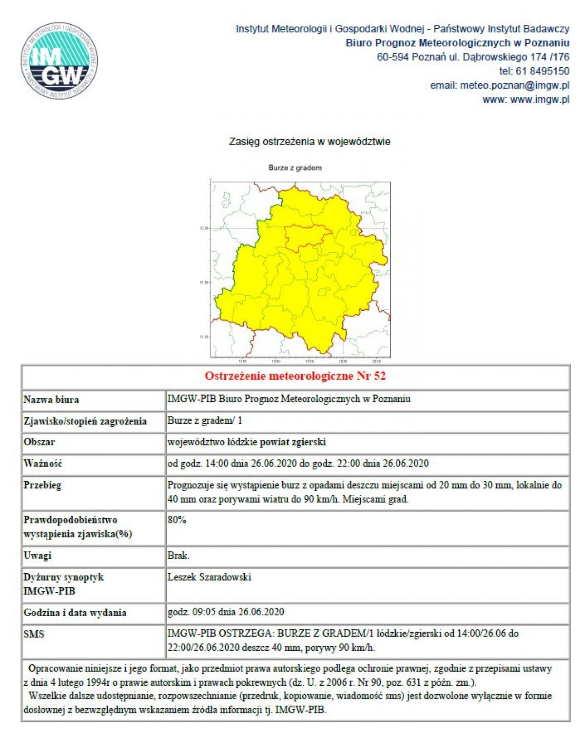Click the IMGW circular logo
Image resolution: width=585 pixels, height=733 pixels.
click(x=59, y=61)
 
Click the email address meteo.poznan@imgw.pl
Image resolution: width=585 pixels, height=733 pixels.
click(x=514, y=85)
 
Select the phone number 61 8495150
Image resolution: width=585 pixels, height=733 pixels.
click(x=542, y=71)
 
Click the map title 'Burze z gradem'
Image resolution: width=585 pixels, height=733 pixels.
click(x=295, y=168)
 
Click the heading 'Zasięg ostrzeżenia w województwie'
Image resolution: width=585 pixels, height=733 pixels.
click(x=310, y=142)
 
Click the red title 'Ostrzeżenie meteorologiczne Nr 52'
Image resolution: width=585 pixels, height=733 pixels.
click(x=295, y=376)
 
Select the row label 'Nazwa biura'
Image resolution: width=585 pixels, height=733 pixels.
click(x=51, y=400)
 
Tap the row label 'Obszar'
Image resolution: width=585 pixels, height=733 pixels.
click(x=39, y=442)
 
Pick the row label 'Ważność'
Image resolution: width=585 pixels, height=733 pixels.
click(x=43, y=464)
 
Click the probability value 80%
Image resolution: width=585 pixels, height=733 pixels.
click(x=177, y=520)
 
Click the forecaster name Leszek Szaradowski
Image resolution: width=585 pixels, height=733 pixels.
click(x=209, y=577)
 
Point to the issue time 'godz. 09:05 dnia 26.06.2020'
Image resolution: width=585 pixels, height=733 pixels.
click(x=226, y=612)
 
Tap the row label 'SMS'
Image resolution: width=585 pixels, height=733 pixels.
click(x=34, y=634)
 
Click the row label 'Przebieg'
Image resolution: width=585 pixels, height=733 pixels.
click(x=42, y=485)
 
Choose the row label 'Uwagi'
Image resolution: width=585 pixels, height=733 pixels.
click(x=38, y=556)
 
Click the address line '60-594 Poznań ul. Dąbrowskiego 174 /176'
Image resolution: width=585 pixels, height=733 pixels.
click(x=473, y=57)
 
